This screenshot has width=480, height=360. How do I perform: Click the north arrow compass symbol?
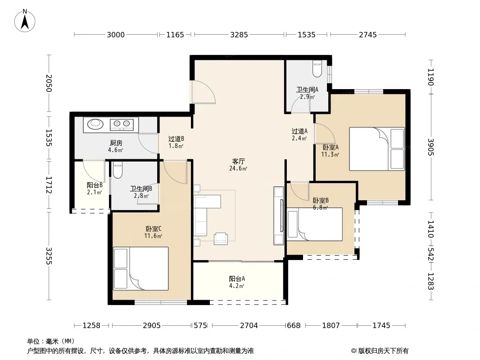click(25, 21)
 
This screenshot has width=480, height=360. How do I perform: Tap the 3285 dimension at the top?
click(239, 35)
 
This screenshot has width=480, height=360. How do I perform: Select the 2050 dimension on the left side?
click(49, 83)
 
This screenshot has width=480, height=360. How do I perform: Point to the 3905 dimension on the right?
click(431, 147)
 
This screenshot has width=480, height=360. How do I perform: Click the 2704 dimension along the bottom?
click(249, 325)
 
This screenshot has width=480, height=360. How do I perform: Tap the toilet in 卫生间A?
click(317, 68)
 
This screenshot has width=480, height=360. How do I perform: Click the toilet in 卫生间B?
click(118, 171)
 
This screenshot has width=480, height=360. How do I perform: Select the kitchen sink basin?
click(95, 124)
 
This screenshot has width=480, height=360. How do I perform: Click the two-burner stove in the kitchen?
click(122, 124)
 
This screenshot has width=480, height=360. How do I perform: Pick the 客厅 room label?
click(239, 161)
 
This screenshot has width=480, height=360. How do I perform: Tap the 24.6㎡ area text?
click(238, 168)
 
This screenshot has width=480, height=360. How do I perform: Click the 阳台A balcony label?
click(237, 279)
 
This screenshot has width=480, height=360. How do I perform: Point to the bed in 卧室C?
click(141, 269)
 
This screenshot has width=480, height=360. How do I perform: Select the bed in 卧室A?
click(377, 148)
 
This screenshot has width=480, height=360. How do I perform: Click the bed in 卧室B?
click(315, 224)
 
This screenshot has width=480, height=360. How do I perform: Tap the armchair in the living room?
click(221, 238)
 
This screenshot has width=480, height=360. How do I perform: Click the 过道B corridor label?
click(176, 139)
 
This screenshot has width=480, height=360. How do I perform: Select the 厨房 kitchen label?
click(116, 143)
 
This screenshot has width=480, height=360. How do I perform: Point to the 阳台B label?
click(95, 185)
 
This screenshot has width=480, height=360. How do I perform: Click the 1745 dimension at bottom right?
click(381, 325)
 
